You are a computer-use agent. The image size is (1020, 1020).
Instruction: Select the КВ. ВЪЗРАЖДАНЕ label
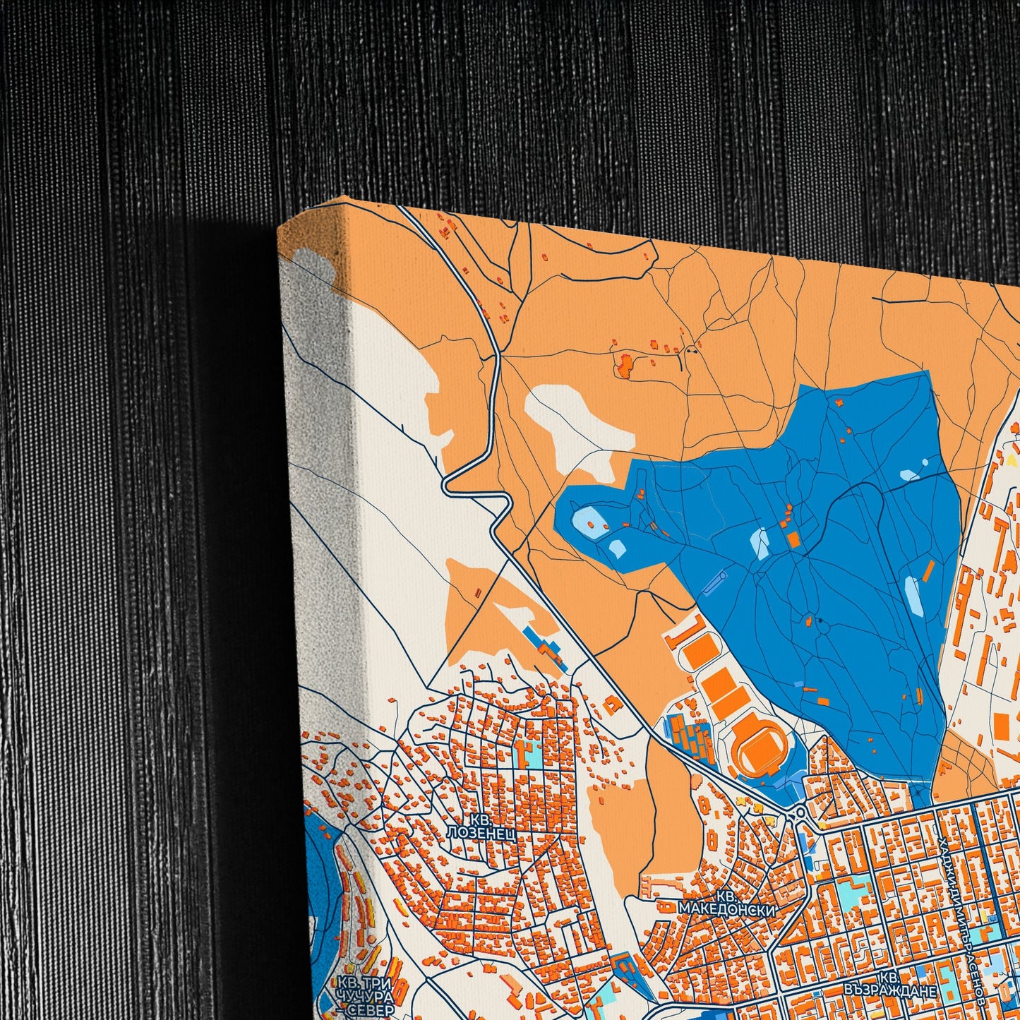point(890,985)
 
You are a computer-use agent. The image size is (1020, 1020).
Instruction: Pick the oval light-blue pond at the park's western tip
point(588,521)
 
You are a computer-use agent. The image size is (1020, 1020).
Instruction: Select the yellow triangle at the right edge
point(1012,460)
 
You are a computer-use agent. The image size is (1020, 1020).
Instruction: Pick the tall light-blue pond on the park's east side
point(913,595)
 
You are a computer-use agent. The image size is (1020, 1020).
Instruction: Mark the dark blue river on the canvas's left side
point(318,868)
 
